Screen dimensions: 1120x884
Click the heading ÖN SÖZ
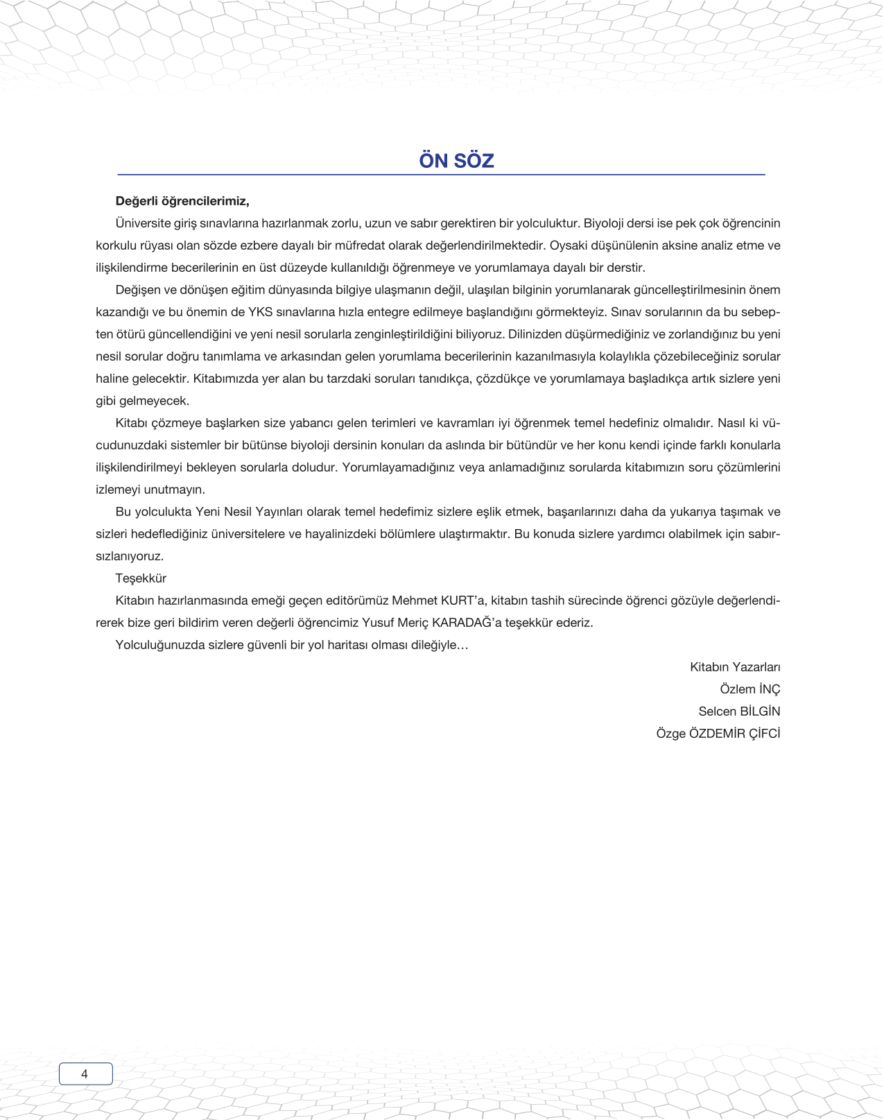click(456, 161)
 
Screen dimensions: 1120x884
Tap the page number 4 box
click(85, 1074)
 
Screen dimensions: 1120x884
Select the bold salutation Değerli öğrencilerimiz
click(182, 201)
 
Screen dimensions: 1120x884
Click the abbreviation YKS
click(260, 312)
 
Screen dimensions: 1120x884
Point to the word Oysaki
click(566, 245)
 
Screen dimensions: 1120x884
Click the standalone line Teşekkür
click(141, 578)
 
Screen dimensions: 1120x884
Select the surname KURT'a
click(464, 601)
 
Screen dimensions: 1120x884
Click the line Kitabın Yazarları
click(735, 667)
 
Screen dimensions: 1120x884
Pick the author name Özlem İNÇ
click(749, 689)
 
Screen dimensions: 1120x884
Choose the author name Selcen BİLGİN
click(739, 712)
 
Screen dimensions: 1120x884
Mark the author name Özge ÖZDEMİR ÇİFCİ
click(718, 734)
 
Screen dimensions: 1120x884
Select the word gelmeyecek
click(154, 401)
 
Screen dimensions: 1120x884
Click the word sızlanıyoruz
click(130, 556)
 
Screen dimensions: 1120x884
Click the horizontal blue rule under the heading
click(441, 175)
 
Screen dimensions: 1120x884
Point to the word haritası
click(332, 645)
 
